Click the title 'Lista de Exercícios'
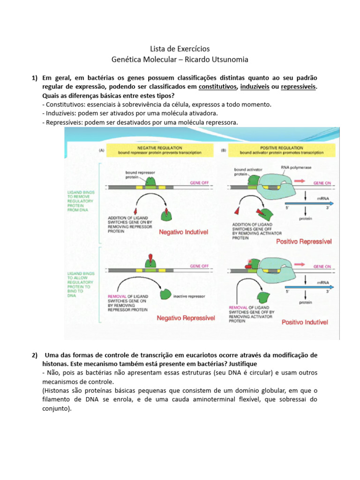tap(180, 49)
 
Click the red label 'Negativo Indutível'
tap(183, 232)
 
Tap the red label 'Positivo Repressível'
tap(304, 242)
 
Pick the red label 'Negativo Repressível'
tap(186, 318)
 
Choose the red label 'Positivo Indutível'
tap(305, 322)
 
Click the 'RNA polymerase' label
tap(296, 166)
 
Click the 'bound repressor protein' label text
tap(138, 175)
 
